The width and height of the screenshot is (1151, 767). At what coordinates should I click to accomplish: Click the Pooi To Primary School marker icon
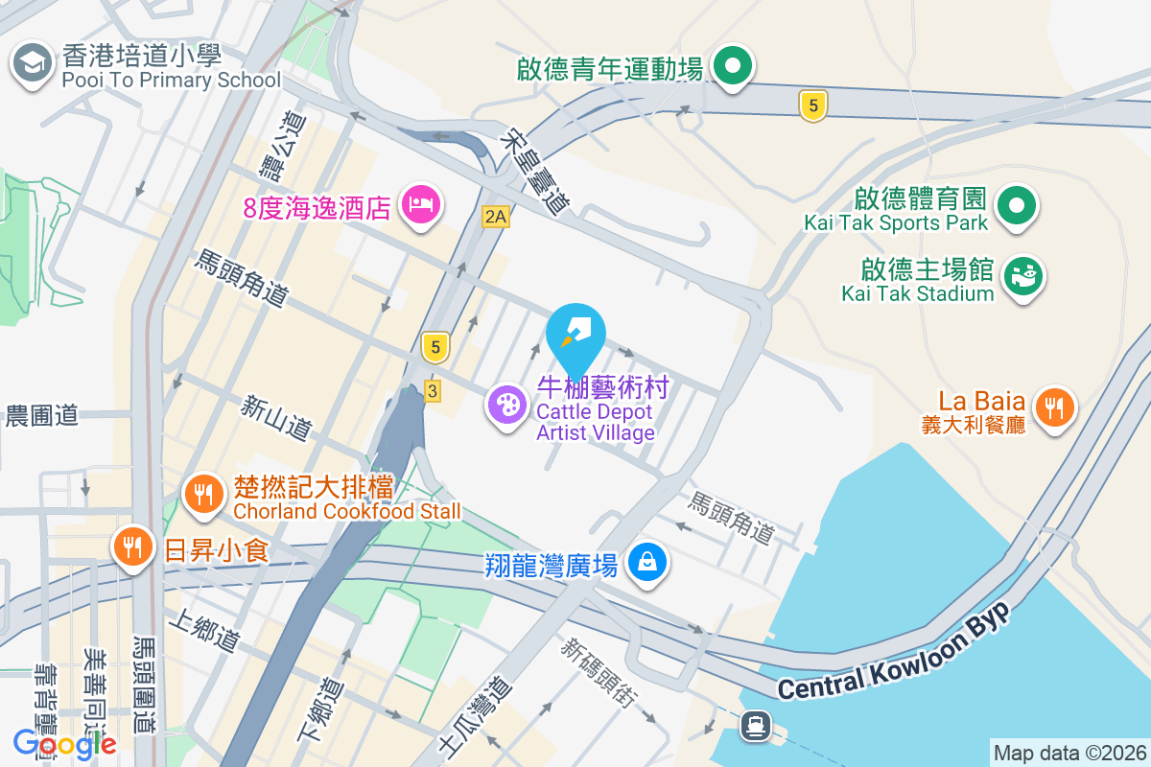pyautogui.click(x=32, y=63)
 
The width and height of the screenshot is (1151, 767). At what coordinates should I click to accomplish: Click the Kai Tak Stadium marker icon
pyautogui.click(x=1023, y=277)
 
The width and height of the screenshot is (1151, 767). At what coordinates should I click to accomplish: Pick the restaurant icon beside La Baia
pyautogui.click(x=1054, y=408)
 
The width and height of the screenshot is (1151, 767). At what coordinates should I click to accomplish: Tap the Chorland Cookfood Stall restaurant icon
pyautogui.click(x=202, y=494)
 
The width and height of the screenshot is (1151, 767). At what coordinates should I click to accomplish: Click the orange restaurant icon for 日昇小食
pyautogui.click(x=133, y=546)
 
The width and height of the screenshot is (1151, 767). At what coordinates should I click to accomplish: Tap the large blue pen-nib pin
pyautogui.click(x=575, y=336)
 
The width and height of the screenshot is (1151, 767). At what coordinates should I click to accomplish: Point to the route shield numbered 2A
pyautogui.click(x=495, y=217)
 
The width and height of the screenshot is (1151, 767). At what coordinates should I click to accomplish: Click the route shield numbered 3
pyautogui.click(x=433, y=391)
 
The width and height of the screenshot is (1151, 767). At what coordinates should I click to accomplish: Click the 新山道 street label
pyautogui.click(x=276, y=420)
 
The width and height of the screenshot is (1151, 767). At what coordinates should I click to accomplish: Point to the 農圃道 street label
pyautogui.click(x=41, y=416)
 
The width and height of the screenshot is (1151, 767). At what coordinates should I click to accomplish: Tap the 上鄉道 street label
pyautogui.click(x=202, y=633)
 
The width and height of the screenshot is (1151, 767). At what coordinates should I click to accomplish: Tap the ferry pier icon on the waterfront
pyautogui.click(x=755, y=726)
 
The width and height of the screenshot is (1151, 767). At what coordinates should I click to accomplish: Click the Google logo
pyautogui.click(x=64, y=743)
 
